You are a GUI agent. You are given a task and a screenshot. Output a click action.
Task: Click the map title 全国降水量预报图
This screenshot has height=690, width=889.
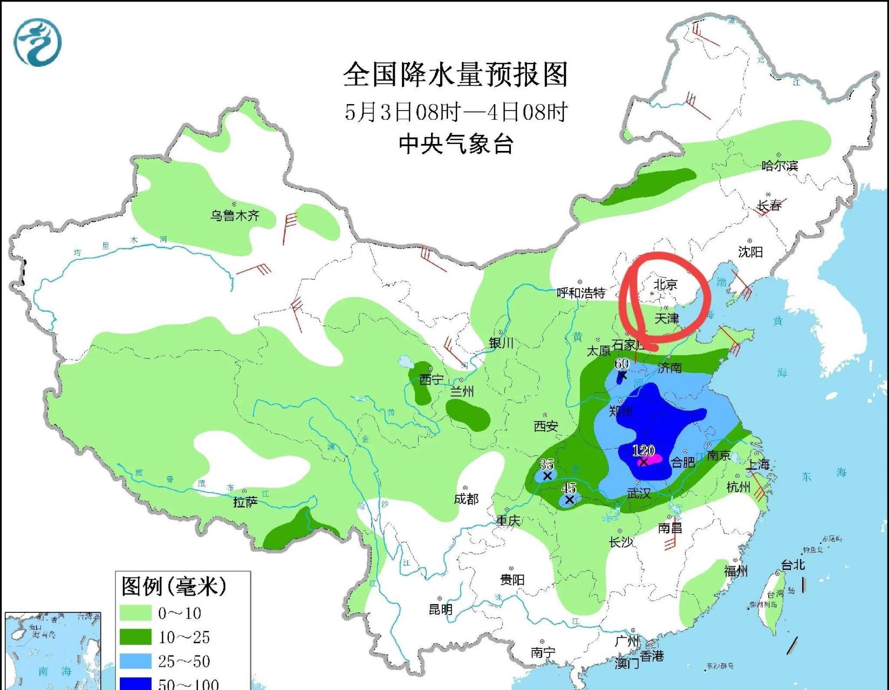tap(456, 74)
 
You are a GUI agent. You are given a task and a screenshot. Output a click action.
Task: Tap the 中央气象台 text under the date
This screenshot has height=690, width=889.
tap(456, 144)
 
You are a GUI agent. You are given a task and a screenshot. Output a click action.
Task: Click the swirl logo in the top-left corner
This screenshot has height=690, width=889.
tap(37, 43)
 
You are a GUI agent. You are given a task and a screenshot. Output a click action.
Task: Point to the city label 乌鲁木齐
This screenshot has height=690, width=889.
tap(235, 216)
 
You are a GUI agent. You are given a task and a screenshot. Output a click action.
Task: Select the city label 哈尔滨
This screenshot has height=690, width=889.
tap(779, 165)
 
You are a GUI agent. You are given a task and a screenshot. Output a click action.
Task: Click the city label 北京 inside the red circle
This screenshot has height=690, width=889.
tap(665, 284)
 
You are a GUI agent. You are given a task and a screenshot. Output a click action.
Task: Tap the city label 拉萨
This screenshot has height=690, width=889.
tap(245, 502)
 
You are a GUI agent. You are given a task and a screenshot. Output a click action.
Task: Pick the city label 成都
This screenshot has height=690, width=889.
tap(466, 499)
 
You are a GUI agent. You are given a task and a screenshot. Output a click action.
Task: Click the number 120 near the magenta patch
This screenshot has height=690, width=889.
tap(643, 450)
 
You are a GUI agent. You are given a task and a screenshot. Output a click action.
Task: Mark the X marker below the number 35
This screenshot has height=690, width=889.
tap(547, 476)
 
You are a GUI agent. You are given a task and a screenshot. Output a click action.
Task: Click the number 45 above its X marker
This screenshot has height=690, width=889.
tap(569, 488)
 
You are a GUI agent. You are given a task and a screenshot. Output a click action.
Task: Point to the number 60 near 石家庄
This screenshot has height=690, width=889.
tap(621, 363)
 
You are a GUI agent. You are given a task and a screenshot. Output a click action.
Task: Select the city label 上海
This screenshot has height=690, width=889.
tap(758, 464)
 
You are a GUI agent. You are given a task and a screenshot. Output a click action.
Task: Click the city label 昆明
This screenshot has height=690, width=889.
tap(440, 609)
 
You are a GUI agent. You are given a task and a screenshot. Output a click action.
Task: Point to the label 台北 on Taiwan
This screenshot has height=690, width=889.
tap(793, 564)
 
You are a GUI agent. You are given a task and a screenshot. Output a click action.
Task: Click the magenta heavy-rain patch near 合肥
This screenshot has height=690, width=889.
tap(653, 460)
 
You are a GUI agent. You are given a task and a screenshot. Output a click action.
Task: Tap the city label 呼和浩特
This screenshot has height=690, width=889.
tap(581, 293)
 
